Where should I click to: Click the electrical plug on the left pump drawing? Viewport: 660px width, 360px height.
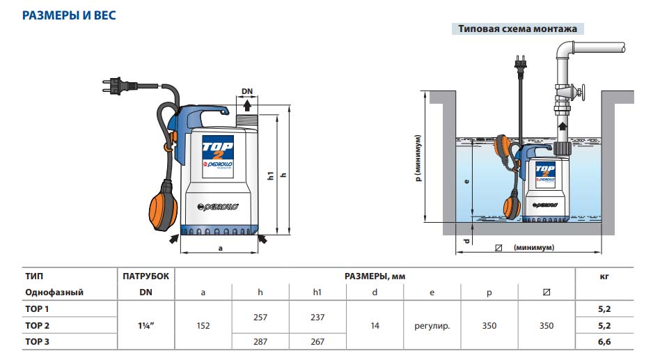click(116, 87)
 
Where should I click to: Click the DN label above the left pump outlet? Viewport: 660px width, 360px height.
click(247, 91)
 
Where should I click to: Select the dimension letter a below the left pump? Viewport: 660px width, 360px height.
click(220, 247)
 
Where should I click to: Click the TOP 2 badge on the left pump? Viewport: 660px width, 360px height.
click(218, 148)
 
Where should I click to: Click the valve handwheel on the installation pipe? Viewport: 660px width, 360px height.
click(583, 92)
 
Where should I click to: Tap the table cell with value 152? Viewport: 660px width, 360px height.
click(203, 325)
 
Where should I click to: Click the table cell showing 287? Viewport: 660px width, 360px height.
click(260, 342)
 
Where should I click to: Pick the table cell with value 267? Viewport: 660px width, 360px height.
click(317, 342)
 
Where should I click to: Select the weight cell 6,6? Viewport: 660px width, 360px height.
click(604, 342)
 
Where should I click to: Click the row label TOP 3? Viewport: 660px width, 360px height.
click(38, 342)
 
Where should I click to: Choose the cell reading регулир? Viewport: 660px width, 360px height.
click(432, 325)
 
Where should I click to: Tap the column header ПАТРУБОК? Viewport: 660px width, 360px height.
click(146, 276)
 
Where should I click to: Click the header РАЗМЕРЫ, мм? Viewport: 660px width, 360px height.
click(375, 276)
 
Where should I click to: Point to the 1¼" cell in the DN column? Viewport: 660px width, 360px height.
click(146, 325)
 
